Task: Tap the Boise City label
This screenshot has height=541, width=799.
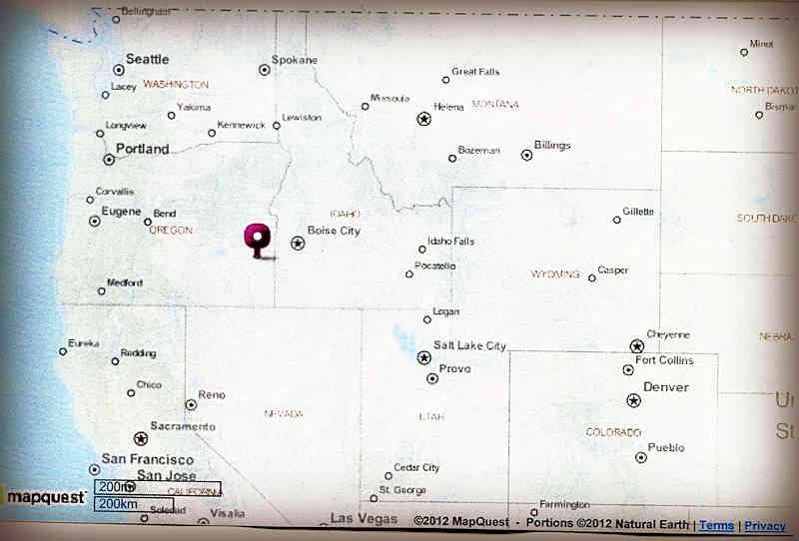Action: [334, 231]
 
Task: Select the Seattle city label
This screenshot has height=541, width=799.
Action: [147, 59]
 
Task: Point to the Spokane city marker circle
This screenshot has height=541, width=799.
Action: [265, 70]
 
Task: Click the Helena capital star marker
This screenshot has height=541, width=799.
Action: [423, 119]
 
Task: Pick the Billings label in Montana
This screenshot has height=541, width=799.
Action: [552, 146]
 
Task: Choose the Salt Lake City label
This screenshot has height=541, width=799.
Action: [469, 345]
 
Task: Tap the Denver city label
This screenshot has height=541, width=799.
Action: [665, 386]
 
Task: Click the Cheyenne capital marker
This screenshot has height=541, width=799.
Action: [637, 346]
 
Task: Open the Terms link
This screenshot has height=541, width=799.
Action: [716, 525]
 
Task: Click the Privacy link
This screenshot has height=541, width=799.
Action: [764, 525]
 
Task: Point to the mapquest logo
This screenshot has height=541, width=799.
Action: [46, 496]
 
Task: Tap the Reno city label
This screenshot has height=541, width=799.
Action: [212, 395]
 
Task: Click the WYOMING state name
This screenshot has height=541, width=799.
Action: [555, 273]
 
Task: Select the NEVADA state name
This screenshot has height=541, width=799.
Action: [283, 413]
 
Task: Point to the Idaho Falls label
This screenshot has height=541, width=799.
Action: [450, 242]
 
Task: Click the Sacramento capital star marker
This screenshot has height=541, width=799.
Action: [141, 438]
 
